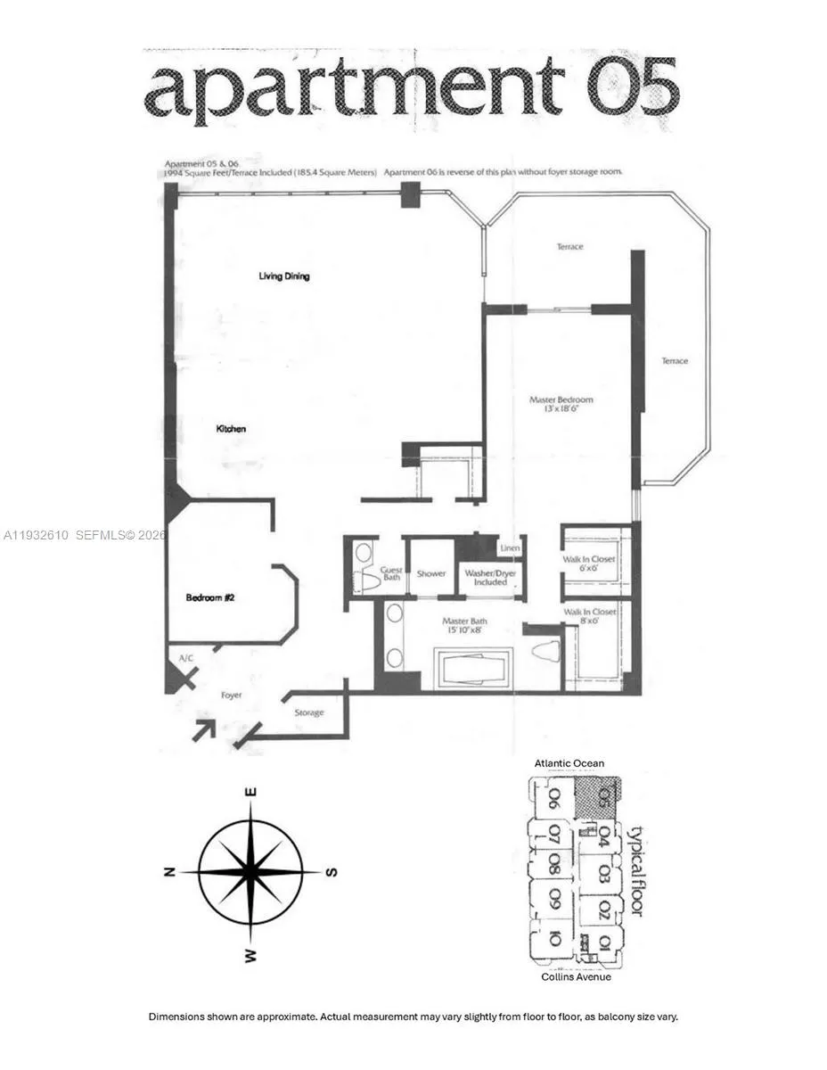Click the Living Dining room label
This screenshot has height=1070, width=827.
(x=283, y=276)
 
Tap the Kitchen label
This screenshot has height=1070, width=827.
(x=231, y=429)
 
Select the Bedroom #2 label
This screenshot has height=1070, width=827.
(x=209, y=597)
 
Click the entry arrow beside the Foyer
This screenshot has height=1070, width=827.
(x=204, y=729)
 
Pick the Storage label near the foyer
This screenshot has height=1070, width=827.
(x=309, y=712)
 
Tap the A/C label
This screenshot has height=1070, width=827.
(x=185, y=657)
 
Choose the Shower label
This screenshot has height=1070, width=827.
(x=431, y=573)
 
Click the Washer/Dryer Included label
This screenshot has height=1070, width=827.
(x=489, y=578)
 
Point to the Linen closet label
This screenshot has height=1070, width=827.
(x=509, y=548)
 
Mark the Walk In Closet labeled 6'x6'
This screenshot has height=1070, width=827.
(x=588, y=564)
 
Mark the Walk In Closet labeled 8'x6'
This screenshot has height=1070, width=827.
(x=589, y=617)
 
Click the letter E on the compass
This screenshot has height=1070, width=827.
(x=253, y=792)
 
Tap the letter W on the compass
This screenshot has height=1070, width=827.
(x=252, y=956)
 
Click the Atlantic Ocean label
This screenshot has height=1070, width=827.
(x=569, y=763)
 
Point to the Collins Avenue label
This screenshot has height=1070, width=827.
(x=577, y=977)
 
